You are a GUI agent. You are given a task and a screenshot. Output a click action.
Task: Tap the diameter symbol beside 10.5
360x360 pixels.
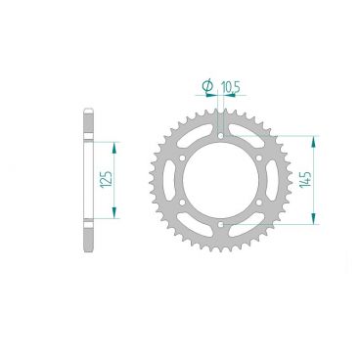(x=207, y=88)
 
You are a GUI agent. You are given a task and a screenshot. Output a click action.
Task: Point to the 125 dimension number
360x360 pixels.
(x=105, y=179)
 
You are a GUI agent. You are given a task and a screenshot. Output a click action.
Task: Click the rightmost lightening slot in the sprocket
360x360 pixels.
(x=271, y=180)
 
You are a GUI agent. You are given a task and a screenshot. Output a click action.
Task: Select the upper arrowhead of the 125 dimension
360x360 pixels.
(x=115, y=143)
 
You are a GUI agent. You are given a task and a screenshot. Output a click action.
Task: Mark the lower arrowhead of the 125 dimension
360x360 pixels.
(x=115, y=216)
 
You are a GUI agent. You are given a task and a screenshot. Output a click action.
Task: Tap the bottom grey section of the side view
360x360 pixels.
(x=87, y=240)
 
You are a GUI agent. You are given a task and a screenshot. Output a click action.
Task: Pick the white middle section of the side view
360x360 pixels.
(x=87, y=180)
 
